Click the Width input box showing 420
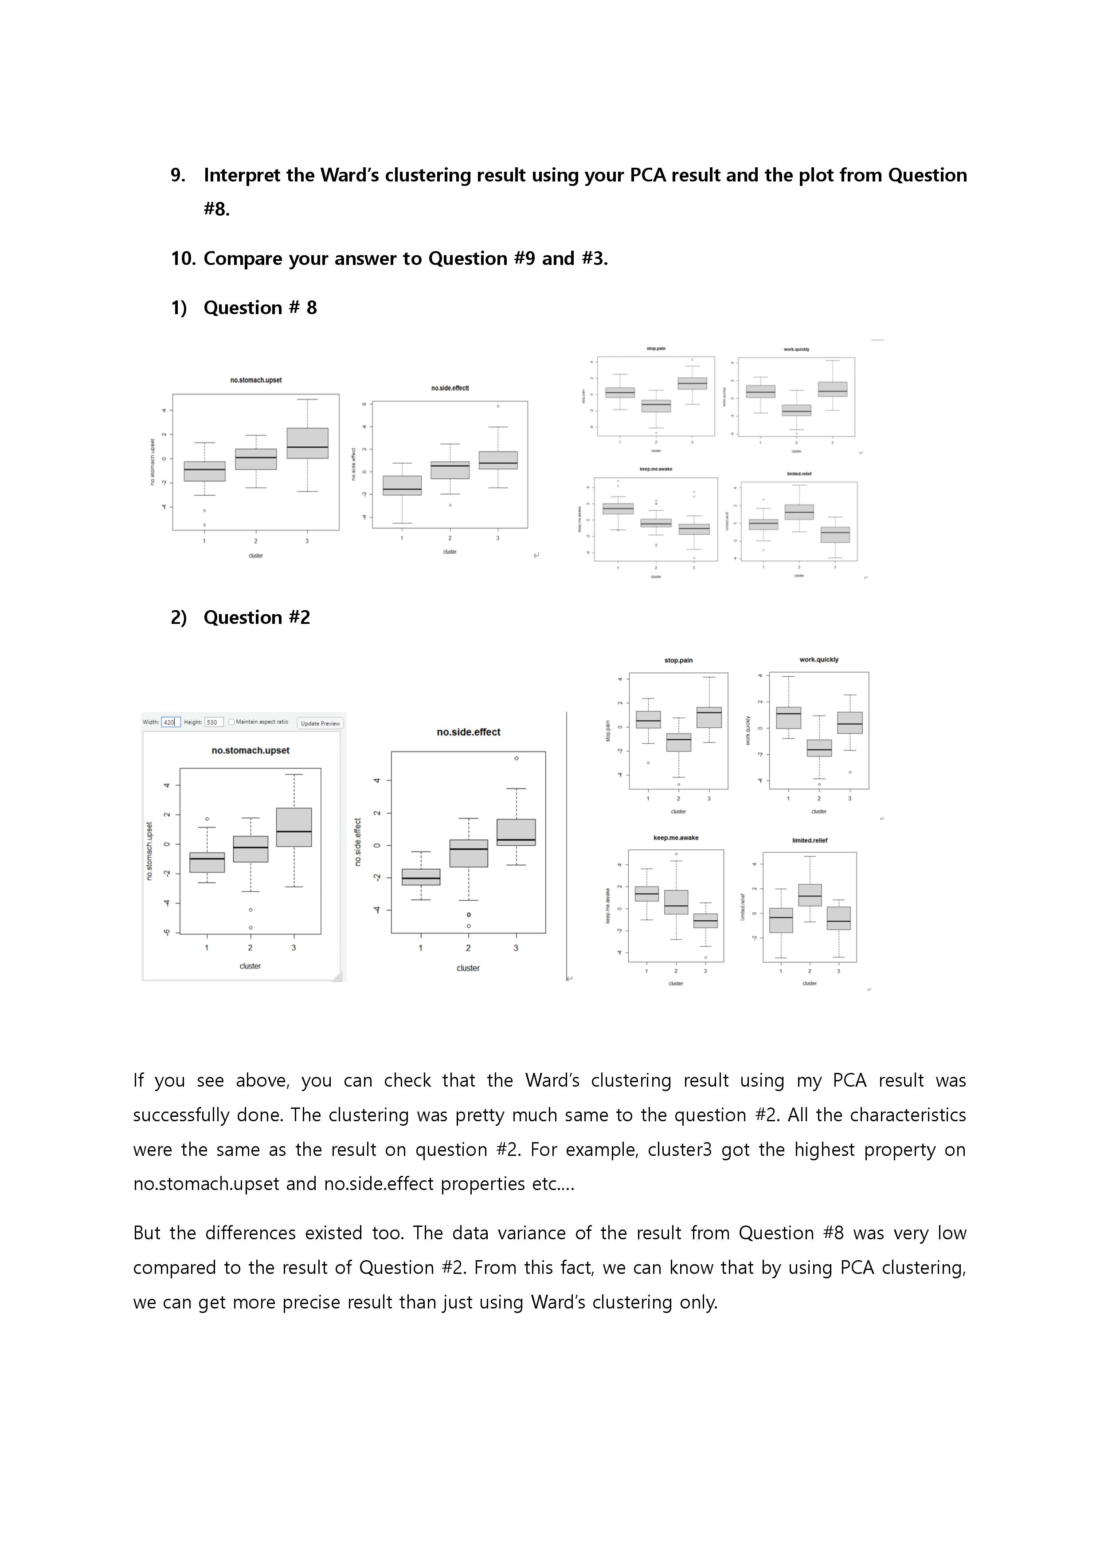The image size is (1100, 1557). point(170,722)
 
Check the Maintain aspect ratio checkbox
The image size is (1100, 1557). point(232,722)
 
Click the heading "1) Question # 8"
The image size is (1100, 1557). point(244,308)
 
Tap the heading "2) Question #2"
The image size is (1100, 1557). point(241,618)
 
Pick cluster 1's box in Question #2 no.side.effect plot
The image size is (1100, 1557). point(421,877)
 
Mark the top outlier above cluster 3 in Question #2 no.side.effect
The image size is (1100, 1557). point(517,758)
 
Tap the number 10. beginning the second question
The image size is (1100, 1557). point(183,259)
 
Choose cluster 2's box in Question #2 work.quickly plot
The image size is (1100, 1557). point(819,748)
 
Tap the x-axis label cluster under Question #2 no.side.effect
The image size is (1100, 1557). point(468,968)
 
